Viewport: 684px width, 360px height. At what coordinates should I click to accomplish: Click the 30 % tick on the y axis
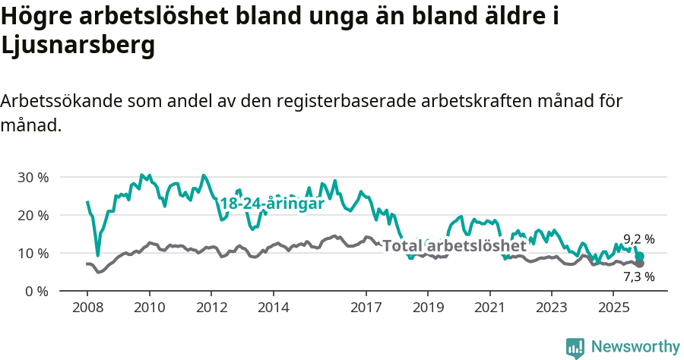(32, 177)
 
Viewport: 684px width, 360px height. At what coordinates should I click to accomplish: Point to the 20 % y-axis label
(32, 215)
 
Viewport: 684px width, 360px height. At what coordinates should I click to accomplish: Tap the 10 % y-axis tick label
(32, 253)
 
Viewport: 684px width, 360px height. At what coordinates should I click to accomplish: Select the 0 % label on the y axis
(36, 291)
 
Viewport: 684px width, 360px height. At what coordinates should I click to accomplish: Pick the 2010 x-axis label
(149, 308)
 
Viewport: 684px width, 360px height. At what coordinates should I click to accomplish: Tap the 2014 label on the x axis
(273, 308)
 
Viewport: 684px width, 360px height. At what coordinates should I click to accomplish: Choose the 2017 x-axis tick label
(366, 308)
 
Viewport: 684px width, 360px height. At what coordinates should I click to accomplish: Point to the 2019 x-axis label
(428, 308)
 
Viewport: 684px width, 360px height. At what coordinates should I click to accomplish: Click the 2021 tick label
(489, 308)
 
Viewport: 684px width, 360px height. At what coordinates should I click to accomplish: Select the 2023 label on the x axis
(552, 308)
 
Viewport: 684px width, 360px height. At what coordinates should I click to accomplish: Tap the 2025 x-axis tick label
(613, 308)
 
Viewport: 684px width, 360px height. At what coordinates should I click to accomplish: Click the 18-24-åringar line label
(272, 204)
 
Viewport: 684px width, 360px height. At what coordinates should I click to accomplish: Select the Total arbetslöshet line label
(454, 246)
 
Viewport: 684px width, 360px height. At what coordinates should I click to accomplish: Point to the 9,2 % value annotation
(639, 238)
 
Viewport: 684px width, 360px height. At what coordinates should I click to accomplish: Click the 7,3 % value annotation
(639, 276)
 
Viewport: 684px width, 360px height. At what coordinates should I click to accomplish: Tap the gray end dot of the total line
(639, 263)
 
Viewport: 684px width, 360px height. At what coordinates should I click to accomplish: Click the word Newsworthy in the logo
(635, 346)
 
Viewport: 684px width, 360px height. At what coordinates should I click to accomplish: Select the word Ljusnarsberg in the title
(78, 46)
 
